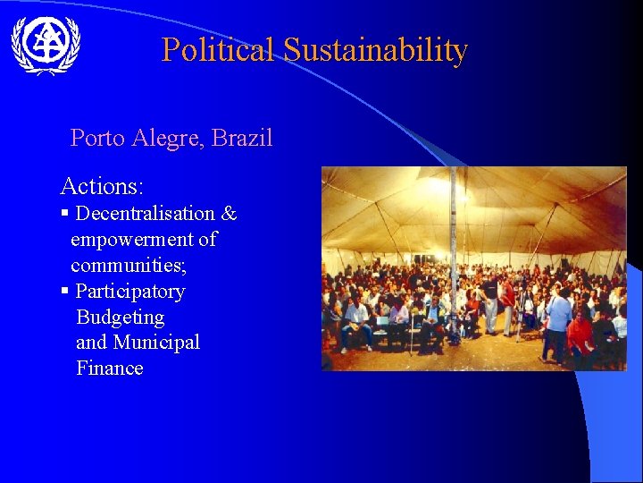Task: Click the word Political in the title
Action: point(218,50)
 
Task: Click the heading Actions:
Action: point(102,186)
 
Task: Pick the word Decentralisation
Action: point(146,214)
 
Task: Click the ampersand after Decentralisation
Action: point(230,214)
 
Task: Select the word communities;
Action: point(129,266)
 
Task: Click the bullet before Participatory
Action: point(64,292)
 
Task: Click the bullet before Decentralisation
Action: point(64,214)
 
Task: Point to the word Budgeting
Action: point(121,318)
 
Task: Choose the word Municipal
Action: point(156,343)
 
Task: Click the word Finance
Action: point(110,369)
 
